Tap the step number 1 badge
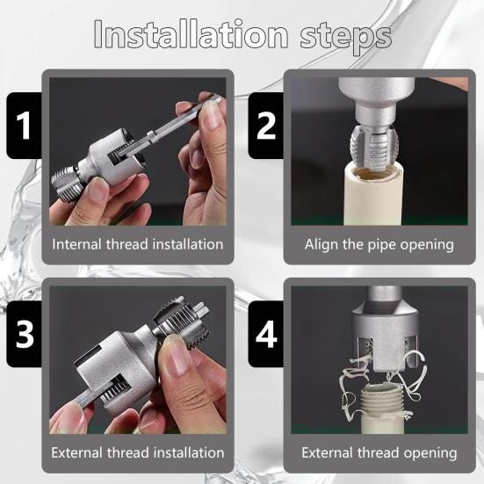pyautogui.click(x=25, y=125)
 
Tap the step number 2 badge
pyautogui.click(x=266, y=125)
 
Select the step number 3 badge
pyautogui.click(x=25, y=334)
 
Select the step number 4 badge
pyautogui.click(x=266, y=334)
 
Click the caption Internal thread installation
pyautogui.click(x=138, y=244)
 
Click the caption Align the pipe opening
pyautogui.click(x=379, y=244)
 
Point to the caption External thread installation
pyautogui.click(x=138, y=453)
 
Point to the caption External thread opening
pyautogui.click(x=379, y=453)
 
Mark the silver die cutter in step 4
pyautogui.click(x=378, y=338)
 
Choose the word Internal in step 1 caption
pyautogui.click(x=81, y=244)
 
